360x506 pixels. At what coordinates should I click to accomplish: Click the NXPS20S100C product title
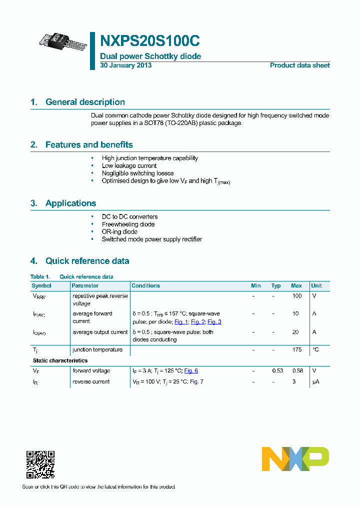pyautogui.click(x=150, y=40)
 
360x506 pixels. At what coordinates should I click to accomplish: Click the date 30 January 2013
pyautogui.click(x=125, y=65)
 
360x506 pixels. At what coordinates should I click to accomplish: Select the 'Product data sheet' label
pyautogui.click(x=299, y=65)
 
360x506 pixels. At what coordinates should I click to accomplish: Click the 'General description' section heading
pyautogui.click(x=85, y=102)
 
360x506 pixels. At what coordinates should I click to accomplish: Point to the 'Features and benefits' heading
pyautogui.click(x=89, y=145)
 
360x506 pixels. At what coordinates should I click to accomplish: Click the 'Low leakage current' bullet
pyautogui.click(x=129, y=165)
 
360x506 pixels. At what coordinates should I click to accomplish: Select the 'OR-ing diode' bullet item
pyautogui.click(x=119, y=232)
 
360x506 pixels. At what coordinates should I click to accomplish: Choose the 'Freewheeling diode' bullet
pyautogui.click(x=128, y=224)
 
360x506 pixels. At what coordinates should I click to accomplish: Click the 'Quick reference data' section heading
pyautogui.click(x=87, y=261)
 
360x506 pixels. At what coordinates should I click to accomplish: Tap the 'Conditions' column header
pyautogui.click(x=145, y=286)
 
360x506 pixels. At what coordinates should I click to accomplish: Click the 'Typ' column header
pyautogui.click(x=276, y=286)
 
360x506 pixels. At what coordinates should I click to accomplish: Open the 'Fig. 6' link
pyautogui.click(x=191, y=371)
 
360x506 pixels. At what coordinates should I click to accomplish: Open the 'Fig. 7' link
pyautogui.click(x=196, y=382)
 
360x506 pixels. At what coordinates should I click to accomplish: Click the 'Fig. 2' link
pyautogui.click(x=198, y=322)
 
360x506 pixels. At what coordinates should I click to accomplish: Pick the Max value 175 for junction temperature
pyautogui.click(x=296, y=350)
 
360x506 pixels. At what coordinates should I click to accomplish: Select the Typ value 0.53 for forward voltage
pyautogui.click(x=277, y=371)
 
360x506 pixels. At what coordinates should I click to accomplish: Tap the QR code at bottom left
pyautogui.click(x=40, y=464)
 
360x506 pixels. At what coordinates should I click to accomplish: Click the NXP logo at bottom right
pyautogui.click(x=295, y=459)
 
